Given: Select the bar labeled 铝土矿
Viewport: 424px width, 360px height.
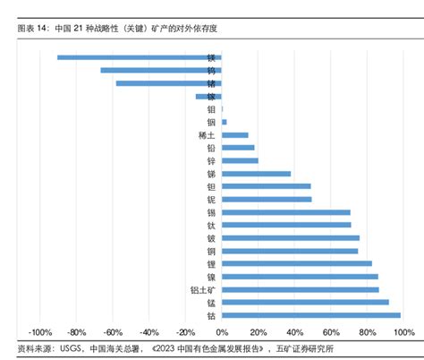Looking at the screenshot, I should click(300, 289).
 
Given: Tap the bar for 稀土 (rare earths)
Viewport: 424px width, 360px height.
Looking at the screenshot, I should click(234, 134).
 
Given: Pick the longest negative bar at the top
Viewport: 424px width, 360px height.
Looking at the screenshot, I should click(139, 57).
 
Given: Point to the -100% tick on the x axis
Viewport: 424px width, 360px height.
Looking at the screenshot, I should click(40, 332).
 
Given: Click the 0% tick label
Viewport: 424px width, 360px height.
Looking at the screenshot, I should click(221, 332).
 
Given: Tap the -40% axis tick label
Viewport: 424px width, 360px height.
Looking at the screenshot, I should click(148, 332).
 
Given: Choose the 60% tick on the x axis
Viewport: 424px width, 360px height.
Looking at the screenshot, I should click(329, 332).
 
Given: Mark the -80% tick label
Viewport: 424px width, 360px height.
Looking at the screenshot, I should click(76, 332).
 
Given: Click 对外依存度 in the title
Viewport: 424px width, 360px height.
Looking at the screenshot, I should click(197, 29).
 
